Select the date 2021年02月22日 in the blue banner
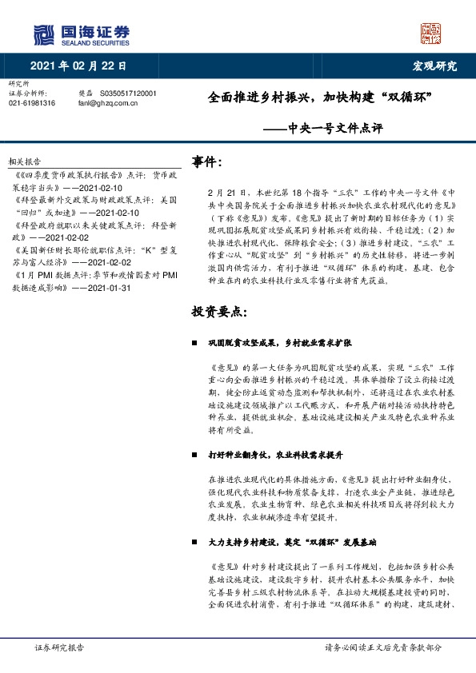(78, 66)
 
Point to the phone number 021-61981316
(32, 103)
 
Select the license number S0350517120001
(129, 94)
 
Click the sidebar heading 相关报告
(24, 160)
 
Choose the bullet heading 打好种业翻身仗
(264, 454)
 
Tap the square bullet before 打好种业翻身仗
(194, 454)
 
